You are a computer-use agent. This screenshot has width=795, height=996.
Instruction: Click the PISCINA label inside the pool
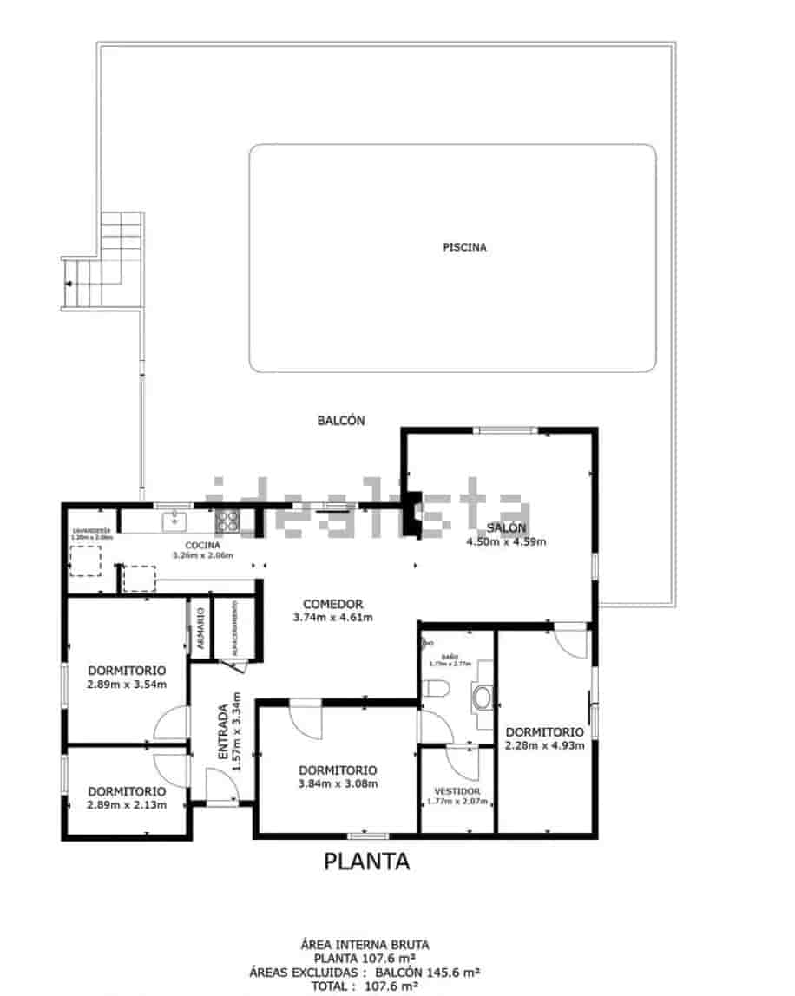pos(464,247)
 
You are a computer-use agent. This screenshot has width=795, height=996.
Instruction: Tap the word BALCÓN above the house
pos(340,421)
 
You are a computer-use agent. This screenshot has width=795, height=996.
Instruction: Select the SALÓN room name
pos(506,528)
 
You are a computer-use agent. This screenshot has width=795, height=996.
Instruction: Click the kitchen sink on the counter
pos(175,520)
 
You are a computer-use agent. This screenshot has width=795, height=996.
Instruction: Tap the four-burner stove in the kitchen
pos(227,521)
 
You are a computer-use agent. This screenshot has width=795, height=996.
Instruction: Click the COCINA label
pos(202,545)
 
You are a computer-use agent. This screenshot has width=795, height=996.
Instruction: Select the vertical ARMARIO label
pos(200,628)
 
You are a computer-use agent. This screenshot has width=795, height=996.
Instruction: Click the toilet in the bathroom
pos(435,690)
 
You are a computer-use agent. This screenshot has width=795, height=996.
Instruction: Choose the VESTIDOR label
pos(457,792)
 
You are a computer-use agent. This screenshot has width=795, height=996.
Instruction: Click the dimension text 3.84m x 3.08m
pos(337,784)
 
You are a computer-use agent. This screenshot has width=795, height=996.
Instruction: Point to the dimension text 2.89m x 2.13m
pos(126,805)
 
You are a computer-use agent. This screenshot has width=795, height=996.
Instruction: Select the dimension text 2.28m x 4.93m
pos(544,744)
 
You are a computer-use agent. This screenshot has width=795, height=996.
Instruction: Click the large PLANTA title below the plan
pos(366,862)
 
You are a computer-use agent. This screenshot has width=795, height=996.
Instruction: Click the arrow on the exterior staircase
pos(67,284)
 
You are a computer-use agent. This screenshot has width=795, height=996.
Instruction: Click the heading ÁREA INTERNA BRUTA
pos(365,945)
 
